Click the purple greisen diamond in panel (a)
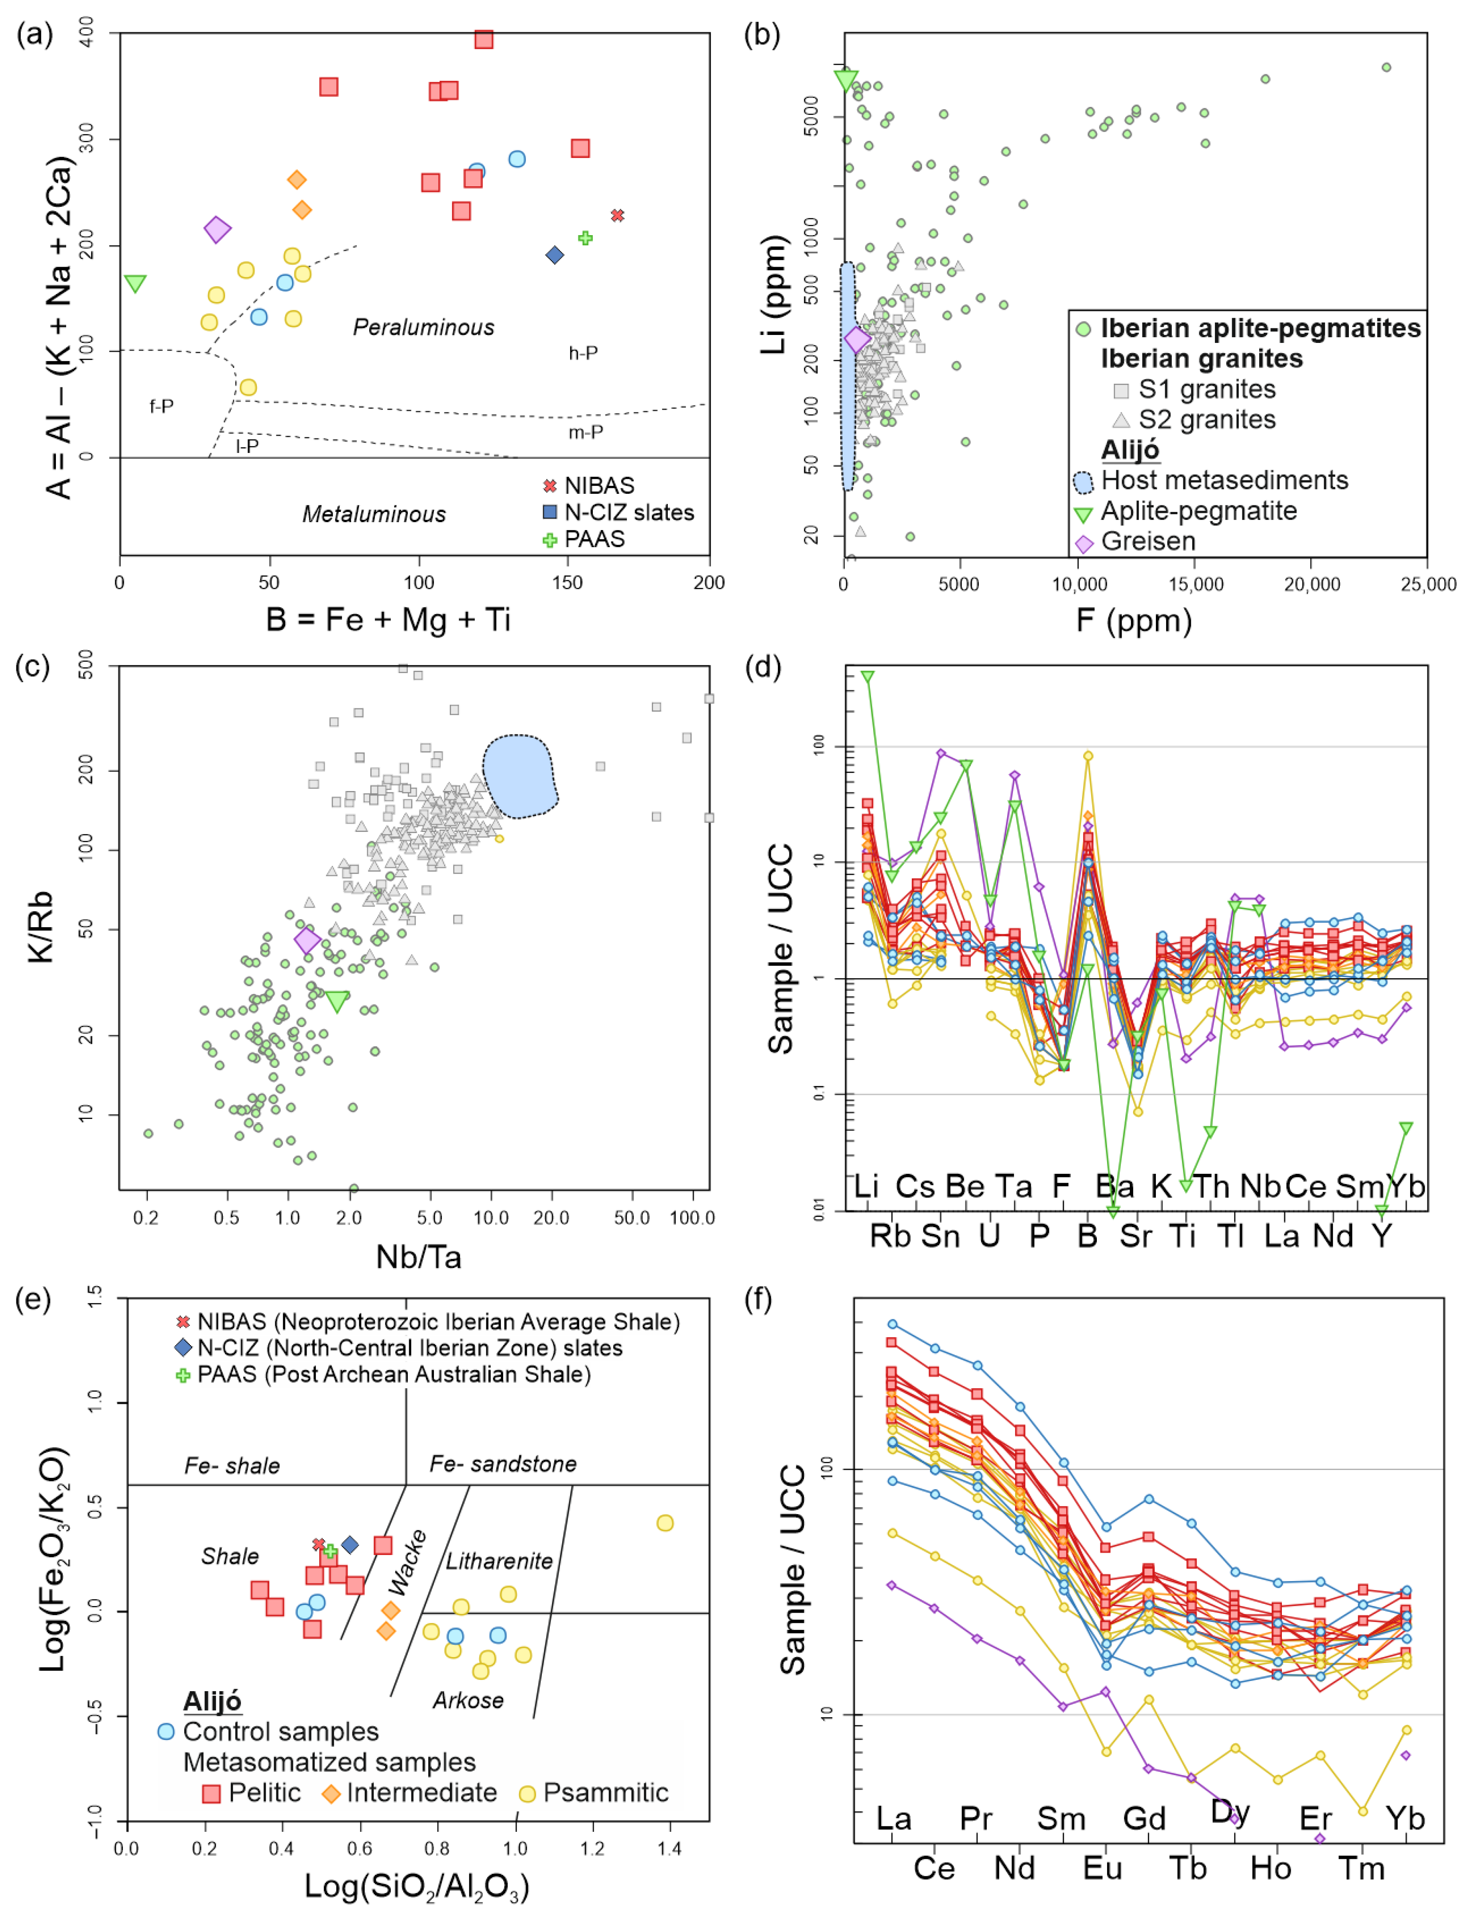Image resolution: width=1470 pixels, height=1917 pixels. pos(217,229)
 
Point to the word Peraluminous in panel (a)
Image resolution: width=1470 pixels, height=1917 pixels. pos(423,327)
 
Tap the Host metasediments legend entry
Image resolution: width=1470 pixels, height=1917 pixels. pos(1223,480)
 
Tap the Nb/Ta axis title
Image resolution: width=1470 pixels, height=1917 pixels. pos(418,1257)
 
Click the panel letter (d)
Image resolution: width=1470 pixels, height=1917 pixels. pos(761,668)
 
